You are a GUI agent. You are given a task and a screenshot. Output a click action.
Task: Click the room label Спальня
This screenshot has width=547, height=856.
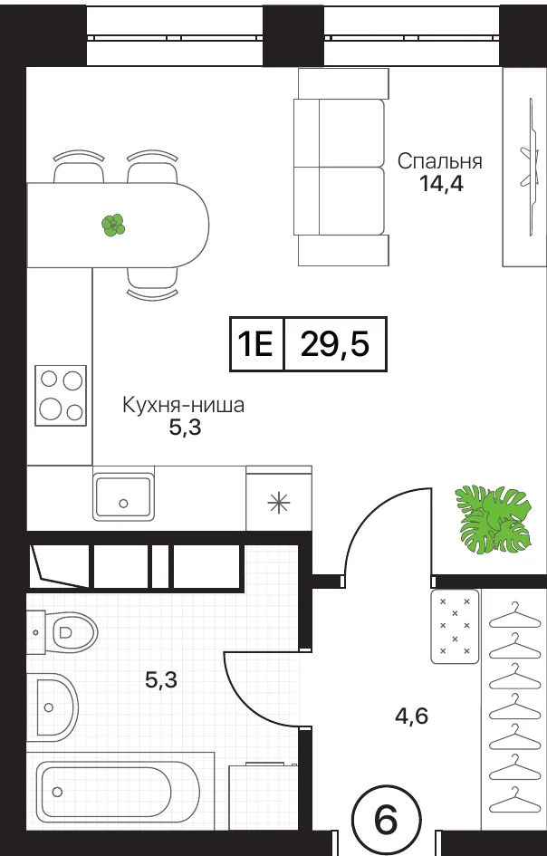[439, 162]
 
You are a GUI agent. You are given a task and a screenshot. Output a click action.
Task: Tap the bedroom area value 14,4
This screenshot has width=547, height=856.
[441, 185]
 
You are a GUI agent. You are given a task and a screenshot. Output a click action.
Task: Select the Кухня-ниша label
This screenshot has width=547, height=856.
[183, 406]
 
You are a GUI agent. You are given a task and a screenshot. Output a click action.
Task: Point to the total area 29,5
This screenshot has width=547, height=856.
[335, 345]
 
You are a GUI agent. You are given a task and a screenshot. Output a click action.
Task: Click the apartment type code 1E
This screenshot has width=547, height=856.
[255, 345]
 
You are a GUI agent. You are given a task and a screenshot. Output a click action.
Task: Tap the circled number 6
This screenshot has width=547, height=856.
[387, 821]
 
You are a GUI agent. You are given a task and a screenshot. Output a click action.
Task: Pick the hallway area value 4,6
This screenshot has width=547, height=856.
[412, 716]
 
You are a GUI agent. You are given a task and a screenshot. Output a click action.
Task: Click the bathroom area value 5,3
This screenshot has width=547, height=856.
[161, 680]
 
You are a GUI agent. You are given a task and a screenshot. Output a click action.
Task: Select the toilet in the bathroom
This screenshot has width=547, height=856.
[62, 632]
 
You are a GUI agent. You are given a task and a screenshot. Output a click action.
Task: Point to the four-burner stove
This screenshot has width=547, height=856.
[61, 395]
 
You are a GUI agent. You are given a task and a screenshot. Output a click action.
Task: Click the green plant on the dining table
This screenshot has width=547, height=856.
[113, 225]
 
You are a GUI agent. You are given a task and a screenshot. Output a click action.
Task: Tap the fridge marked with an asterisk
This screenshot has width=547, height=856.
[279, 498]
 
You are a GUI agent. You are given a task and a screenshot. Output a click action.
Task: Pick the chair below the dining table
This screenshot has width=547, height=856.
[152, 284]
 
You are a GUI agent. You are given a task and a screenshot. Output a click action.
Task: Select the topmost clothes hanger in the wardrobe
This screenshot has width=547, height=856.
[514, 616]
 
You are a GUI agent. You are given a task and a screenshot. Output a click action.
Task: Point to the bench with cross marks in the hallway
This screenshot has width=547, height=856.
[455, 627]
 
